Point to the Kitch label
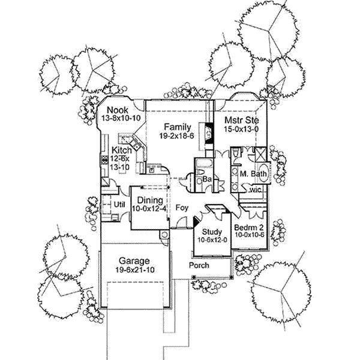[x=122, y=149]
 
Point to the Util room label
[x=119, y=205]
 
